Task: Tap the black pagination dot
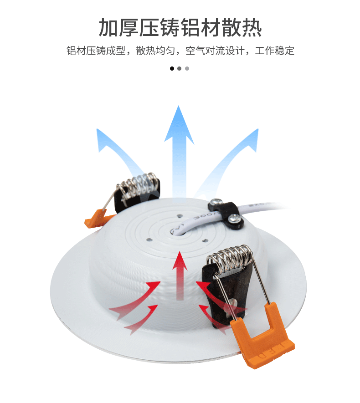172,68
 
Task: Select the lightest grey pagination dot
187,68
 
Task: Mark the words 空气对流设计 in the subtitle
217,51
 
